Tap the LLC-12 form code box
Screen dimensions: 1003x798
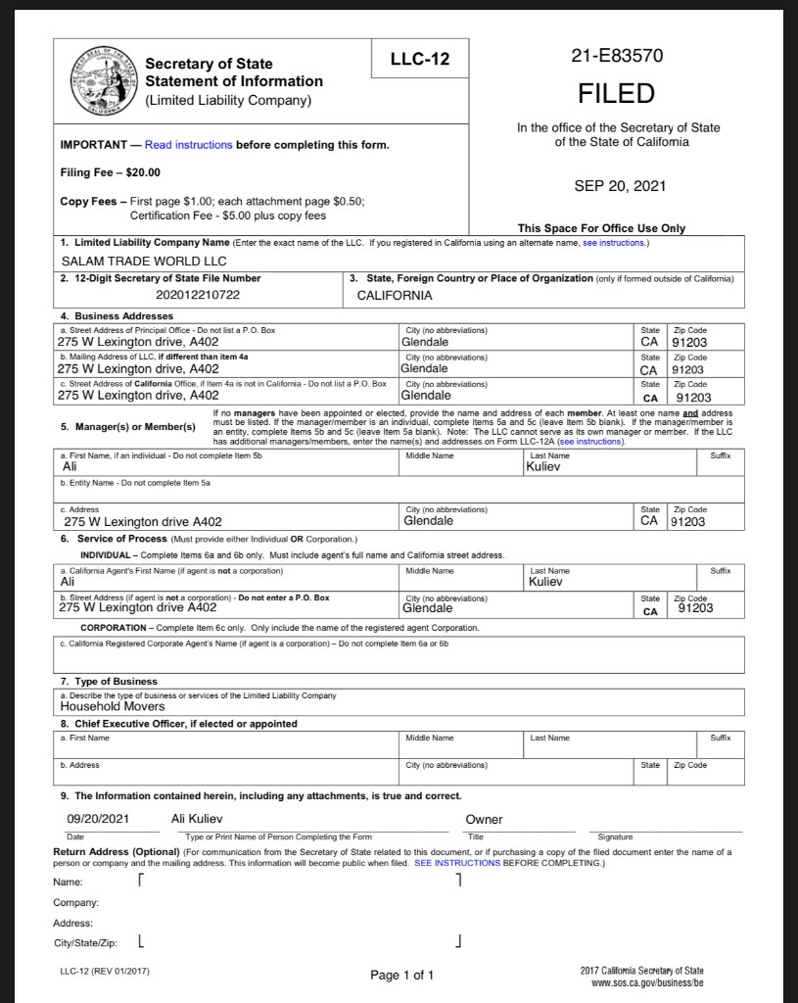pos(419,60)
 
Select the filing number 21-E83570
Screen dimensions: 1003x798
pos(616,56)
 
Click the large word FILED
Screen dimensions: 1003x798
pos(616,94)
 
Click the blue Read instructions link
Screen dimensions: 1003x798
pos(188,145)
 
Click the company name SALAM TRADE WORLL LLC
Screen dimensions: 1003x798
pos(143,262)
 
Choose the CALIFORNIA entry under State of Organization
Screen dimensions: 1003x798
pos(395,295)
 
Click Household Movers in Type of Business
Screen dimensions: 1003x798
pos(113,705)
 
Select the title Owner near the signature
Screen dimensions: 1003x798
pos(484,819)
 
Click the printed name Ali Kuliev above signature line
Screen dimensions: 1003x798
pos(203,818)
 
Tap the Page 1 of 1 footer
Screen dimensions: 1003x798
pos(401,975)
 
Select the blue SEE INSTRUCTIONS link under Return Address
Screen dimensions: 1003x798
pos(457,863)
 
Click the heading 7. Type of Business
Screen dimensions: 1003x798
pos(109,681)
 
